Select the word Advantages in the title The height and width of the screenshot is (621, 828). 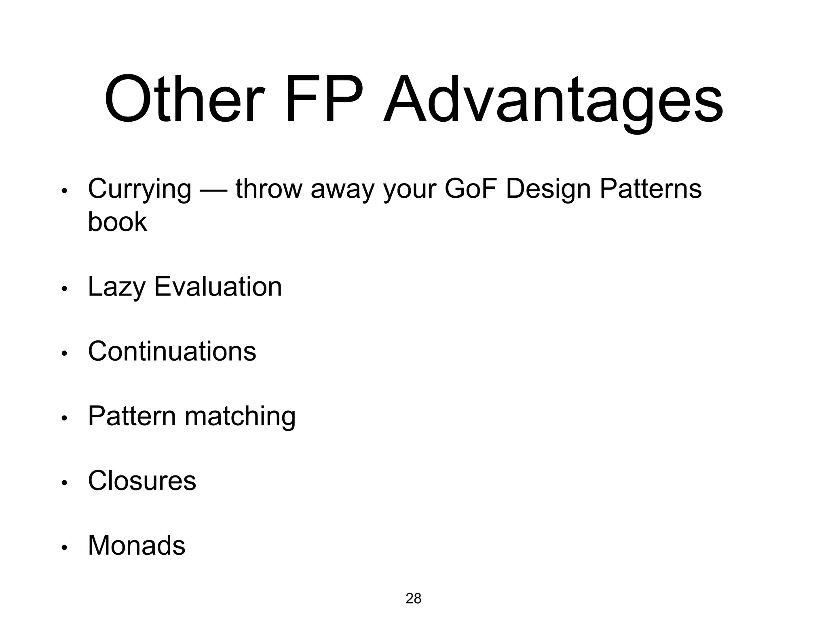click(x=553, y=101)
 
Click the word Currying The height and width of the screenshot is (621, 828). click(x=139, y=189)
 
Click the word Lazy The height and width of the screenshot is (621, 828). click(x=116, y=287)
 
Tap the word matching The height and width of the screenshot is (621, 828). click(x=240, y=416)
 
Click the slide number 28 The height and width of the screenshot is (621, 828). click(x=413, y=598)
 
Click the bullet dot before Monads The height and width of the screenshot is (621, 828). click(x=63, y=548)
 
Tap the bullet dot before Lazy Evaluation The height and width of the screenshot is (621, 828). click(x=63, y=289)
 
